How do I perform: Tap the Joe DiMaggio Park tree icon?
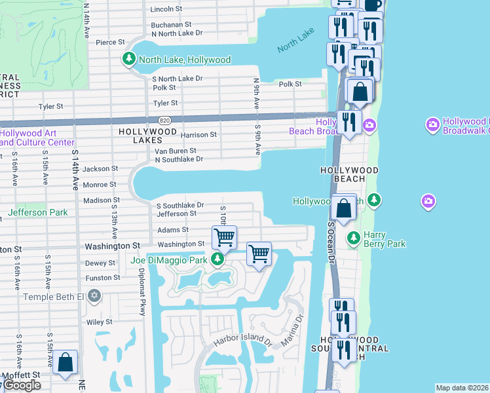pos(217,261)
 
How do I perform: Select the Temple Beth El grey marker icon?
pos(95,297)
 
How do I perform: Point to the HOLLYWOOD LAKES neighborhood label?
pos(147,132)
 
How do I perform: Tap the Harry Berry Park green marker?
pos(353,236)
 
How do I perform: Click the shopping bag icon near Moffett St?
pos(66,362)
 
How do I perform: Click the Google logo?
pos(21,385)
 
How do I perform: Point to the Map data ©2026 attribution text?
pos(462,388)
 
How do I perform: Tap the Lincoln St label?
pos(166,9)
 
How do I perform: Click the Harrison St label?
pos(198,135)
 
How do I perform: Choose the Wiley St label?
pos(100,322)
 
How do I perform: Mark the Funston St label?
pos(102,278)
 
